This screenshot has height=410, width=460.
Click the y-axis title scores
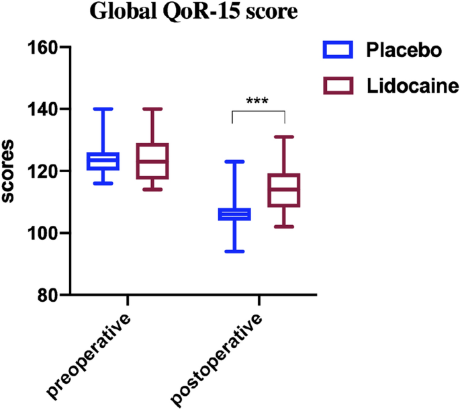point(11,171)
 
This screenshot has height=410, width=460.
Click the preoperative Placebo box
point(103,161)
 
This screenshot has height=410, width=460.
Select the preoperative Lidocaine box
point(152,161)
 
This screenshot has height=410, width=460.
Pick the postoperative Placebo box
point(235,214)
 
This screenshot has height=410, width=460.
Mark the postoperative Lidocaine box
point(285,190)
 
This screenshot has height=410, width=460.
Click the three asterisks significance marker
point(258,101)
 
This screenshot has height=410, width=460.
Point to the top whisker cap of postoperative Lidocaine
point(285,137)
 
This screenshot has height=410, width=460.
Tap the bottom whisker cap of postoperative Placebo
point(235,251)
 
